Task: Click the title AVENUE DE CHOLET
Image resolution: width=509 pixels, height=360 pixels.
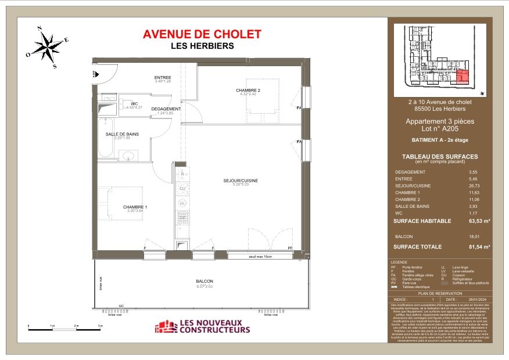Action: tap(202, 35)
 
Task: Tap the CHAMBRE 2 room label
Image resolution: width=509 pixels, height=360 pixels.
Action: tap(248, 90)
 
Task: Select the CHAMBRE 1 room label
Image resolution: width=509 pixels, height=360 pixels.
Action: tap(135, 207)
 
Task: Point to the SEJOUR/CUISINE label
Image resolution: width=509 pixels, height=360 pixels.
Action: tap(240, 181)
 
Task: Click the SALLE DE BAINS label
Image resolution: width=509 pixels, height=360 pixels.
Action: tap(122, 134)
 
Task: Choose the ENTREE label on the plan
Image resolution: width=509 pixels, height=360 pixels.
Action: tap(163, 78)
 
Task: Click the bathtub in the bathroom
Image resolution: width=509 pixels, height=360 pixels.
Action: tap(105, 139)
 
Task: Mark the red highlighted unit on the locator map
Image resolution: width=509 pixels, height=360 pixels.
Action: tap(463, 77)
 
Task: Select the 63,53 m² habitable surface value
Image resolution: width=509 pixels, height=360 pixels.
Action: tap(479, 221)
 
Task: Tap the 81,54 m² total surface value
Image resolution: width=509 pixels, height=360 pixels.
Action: tap(479, 247)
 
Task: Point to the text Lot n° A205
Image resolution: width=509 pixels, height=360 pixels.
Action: tap(439, 129)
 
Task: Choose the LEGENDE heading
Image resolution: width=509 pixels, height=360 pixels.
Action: tap(400, 262)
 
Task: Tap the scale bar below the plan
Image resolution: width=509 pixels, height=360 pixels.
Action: tap(64, 329)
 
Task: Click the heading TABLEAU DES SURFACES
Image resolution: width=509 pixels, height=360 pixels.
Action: tap(440, 156)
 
